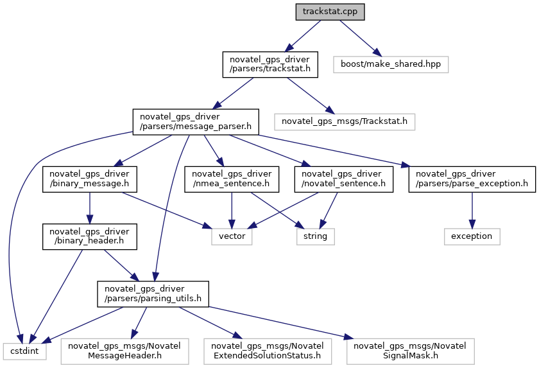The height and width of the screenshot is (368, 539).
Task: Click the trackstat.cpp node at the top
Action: pyautogui.click(x=330, y=12)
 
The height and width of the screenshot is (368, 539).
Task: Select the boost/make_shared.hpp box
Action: pyautogui.click(x=391, y=64)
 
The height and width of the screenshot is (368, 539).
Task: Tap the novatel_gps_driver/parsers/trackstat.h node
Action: pyautogui.click(x=270, y=64)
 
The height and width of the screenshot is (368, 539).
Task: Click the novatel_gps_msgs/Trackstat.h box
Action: pyautogui.click(x=345, y=122)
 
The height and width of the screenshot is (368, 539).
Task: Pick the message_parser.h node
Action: pyautogui.click(x=196, y=122)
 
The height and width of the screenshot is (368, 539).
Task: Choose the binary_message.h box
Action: pyautogui.click(x=90, y=179)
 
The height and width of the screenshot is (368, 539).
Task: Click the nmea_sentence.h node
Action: pyautogui.click(x=232, y=179)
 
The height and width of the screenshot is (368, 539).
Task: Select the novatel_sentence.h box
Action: pyautogui.click(x=344, y=179)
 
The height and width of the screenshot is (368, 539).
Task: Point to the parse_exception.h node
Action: pyautogui.click(x=472, y=179)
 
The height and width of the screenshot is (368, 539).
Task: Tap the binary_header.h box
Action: pyautogui.click(x=90, y=236)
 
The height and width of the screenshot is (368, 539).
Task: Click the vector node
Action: pyautogui.click(x=232, y=236)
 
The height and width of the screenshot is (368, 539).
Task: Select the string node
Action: pyautogui.click(x=316, y=236)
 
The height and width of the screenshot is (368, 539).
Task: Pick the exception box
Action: pyautogui.click(x=472, y=236)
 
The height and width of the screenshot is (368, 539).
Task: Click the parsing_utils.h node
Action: pyautogui.click(x=153, y=294)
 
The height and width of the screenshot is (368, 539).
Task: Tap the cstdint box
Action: pyautogui.click(x=24, y=351)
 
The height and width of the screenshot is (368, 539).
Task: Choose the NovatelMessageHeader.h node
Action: pyautogui.click(x=124, y=351)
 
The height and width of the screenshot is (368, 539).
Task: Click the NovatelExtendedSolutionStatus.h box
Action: pyautogui.click(x=268, y=351)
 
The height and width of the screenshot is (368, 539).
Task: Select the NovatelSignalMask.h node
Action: pyautogui.click(x=411, y=351)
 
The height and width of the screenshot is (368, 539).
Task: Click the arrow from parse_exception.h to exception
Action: pyautogui.click(x=472, y=210)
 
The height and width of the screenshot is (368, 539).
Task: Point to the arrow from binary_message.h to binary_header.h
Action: pyautogui.click(x=90, y=208)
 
